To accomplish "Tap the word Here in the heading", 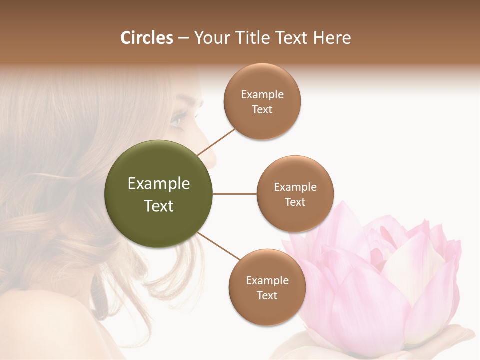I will [333, 38].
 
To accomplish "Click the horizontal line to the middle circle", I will [235, 194].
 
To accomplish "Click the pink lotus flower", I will [380, 280].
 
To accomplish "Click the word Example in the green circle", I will [159, 184].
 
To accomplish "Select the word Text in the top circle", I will [262, 110].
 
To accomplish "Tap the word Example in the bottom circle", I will [267, 280].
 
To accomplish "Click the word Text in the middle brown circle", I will [295, 202].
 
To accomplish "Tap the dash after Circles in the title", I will [183, 38].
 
